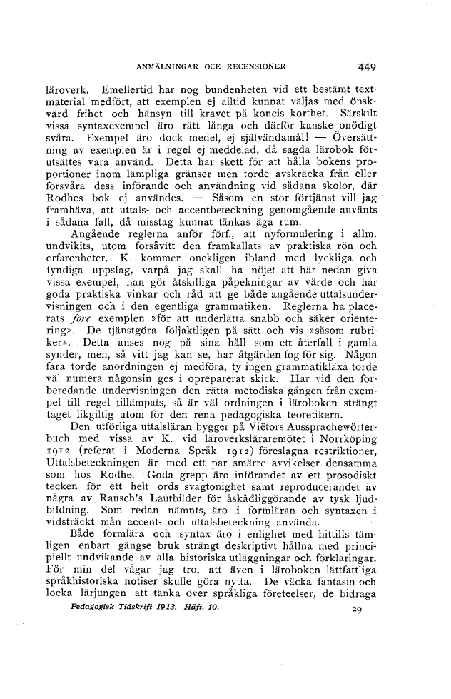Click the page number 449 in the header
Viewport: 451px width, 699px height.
pos(367,69)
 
